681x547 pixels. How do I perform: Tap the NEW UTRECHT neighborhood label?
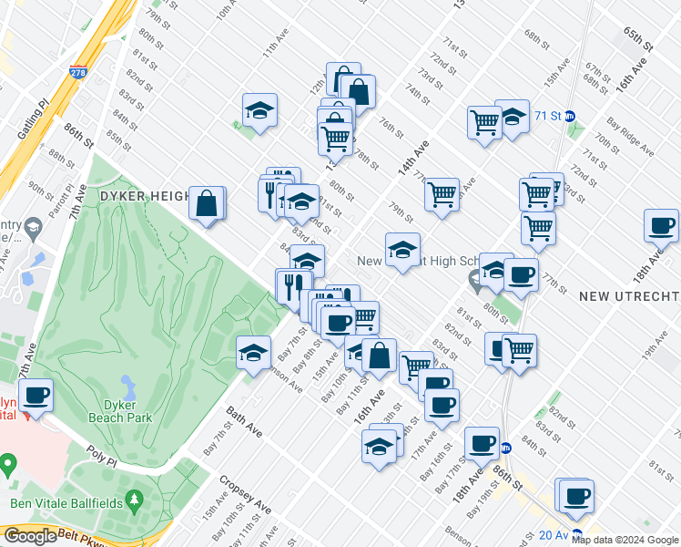pyautogui.click(x=628, y=296)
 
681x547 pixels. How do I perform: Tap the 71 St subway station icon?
pyautogui.click(x=570, y=116)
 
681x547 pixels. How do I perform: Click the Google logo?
pyautogui.click(x=30, y=536)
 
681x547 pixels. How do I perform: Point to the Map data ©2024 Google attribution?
pyautogui.click(x=625, y=540)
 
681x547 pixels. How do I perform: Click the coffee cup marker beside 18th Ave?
pyautogui.click(x=661, y=225)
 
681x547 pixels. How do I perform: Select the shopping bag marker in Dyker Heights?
pyautogui.click(x=208, y=202)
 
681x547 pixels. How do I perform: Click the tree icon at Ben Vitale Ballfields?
pyautogui.click(x=136, y=499)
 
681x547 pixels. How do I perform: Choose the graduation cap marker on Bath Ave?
pyautogui.click(x=253, y=353)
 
